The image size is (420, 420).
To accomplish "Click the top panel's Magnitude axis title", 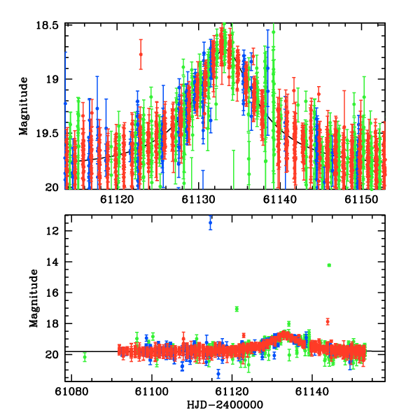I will [x=24, y=106].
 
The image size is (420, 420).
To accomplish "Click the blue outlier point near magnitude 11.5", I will [x=210, y=223].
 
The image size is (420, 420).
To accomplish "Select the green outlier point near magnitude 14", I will [x=329, y=265].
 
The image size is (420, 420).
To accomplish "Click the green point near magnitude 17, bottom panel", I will [x=237, y=309].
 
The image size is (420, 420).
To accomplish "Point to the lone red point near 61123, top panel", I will [x=141, y=54].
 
